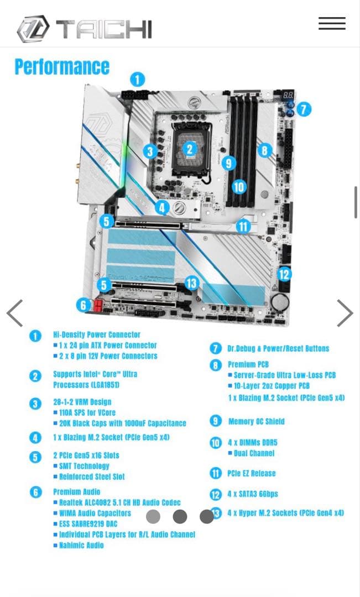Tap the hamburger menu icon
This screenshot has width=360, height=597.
click(x=332, y=23)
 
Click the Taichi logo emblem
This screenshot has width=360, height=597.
click(x=33, y=29)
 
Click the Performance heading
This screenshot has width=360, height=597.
click(x=62, y=67)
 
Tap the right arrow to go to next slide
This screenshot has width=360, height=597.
click(x=345, y=313)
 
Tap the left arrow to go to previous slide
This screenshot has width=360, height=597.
click(x=15, y=313)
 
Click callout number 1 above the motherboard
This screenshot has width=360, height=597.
click(x=137, y=79)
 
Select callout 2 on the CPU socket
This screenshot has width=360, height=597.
click(x=190, y=149)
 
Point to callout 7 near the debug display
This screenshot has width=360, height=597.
click(x=304, y=109)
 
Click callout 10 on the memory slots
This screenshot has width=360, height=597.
click(x=239, y=187)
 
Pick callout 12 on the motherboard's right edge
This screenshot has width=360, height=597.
click(x=284, y=274)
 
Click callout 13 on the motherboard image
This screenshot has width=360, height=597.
click(x=191, y=284)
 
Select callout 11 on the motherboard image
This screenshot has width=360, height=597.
click(x=243, y=226)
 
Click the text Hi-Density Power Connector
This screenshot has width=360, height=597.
click(x=97, y=334)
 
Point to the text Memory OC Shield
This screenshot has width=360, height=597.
click(x=256, y=421)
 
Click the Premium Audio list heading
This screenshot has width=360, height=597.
click(x=77, y=491)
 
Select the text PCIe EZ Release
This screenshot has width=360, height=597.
click(x=251, y=473)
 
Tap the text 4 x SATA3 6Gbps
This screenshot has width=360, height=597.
click(x=252, y=494)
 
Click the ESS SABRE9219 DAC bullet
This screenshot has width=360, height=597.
click(x=88, y=523)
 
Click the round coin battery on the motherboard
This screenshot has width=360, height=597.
click(x=280, y=302)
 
